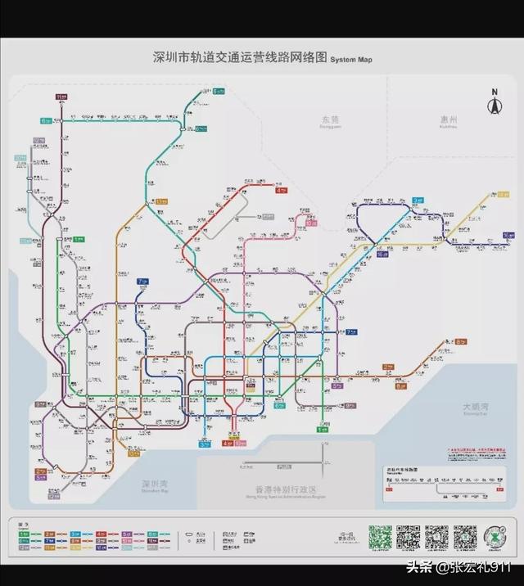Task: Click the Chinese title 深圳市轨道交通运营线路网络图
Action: [x=241, y=58]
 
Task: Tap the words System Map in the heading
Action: [x=351, y=60]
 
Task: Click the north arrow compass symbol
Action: [x=494, y=104]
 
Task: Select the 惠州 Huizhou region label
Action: [x=448, y=120]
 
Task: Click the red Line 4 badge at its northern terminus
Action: [x=282, y=190]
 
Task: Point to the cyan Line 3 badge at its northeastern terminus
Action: [x=418, y=200]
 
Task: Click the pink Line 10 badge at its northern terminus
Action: [x=311, y=222]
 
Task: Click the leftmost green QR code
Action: [x=379, y=537]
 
